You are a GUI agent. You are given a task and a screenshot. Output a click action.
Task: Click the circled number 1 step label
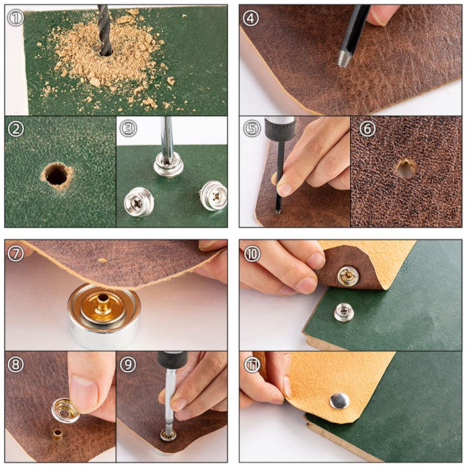coord(16,18)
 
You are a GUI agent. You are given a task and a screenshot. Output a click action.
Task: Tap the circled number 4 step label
coord(250,18)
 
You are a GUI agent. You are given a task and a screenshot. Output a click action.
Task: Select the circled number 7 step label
coord(16,254)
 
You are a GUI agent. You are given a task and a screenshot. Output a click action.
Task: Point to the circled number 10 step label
coord(252,254)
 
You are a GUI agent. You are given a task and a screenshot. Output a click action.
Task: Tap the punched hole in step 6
coord(405,168)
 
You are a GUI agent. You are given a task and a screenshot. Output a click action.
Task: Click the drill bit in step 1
coord(104,30)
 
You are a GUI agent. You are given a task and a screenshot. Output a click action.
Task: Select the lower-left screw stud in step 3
coord(139,202)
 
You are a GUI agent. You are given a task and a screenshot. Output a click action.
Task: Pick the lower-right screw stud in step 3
coord(213,195)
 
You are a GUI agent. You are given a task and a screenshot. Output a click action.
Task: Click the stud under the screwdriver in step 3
coord(168,165)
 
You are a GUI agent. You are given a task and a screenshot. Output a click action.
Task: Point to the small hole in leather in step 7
coord(103,260)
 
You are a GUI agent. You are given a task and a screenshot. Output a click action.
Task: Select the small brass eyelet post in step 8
coord(57,435)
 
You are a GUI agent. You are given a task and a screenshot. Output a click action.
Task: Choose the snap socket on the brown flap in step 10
coord(348,276)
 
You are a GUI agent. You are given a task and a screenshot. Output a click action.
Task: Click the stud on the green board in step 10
coord(343,312)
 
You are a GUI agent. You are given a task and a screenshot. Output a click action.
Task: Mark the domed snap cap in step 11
coord(339,401)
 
